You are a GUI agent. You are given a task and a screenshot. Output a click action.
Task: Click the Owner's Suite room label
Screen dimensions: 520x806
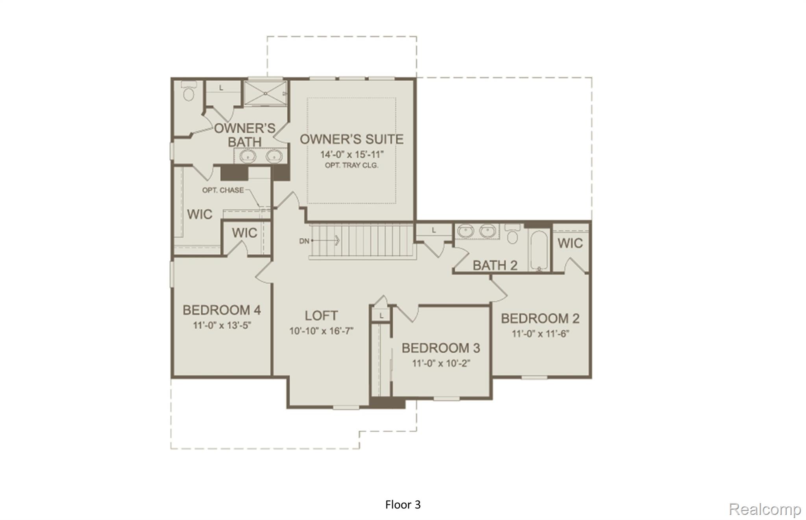coord(351,139)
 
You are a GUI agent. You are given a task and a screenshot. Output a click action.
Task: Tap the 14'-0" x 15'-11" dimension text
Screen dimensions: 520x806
coord(351,154)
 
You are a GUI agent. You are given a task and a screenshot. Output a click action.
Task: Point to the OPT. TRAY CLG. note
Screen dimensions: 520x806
coord(351,165)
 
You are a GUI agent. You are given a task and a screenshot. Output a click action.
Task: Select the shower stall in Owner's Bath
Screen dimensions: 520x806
coord(265,93)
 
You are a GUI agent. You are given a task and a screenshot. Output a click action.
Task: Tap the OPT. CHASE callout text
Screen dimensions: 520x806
coord(223,190)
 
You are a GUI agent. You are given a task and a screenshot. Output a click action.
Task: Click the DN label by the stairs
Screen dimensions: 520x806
coord(304,241)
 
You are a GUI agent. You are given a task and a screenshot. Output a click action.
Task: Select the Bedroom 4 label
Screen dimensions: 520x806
coord(222,310)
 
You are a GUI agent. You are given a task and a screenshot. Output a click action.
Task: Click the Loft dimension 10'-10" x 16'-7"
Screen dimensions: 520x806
coord(321,331)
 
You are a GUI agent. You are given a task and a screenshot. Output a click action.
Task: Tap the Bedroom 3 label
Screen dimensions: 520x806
coord(440,348)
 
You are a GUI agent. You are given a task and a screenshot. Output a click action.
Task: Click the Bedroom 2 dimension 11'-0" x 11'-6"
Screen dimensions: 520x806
coord(540,334)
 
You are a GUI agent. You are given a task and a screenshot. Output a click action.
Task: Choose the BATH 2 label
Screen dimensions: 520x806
coord(495,265)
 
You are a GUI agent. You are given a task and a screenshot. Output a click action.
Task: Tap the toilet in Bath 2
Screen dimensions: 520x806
coord(512,235)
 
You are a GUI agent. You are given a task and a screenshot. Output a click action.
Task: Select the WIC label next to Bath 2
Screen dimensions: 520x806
coord(570,243)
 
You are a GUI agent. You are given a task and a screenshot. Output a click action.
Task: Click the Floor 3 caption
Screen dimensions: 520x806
coord(403,505)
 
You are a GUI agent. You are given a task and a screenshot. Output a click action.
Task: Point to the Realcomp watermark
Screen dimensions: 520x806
coord(764,509)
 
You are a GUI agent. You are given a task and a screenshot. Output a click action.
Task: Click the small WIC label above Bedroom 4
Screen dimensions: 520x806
coord(244,233)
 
